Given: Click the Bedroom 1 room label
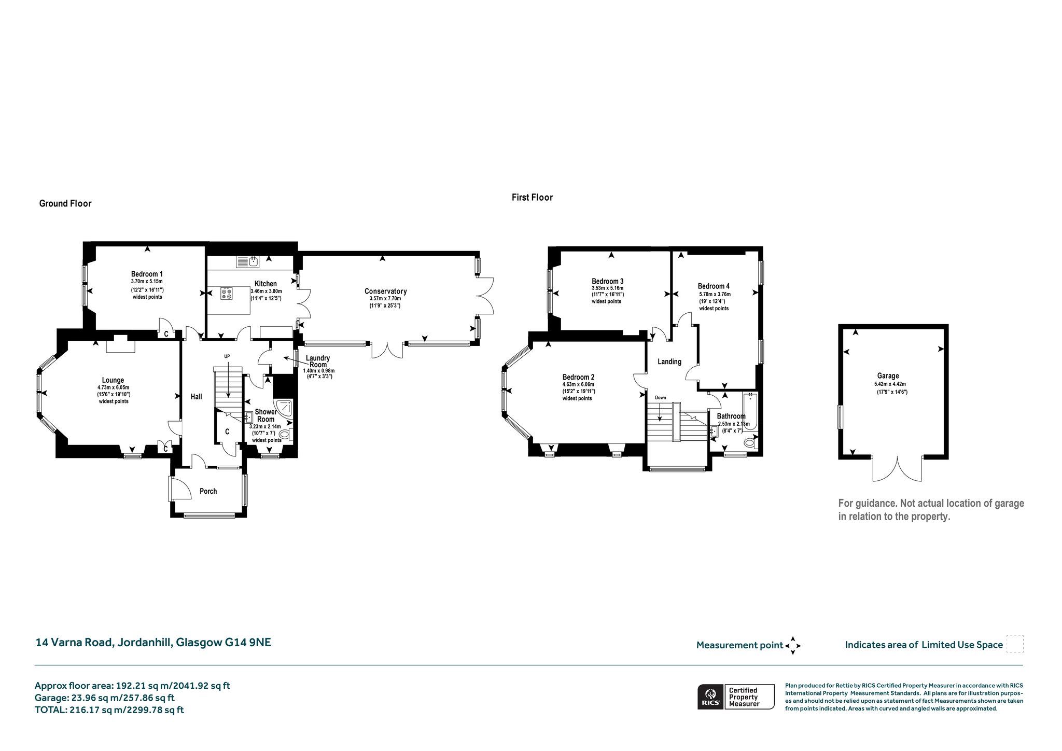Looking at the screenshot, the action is pos(147,274).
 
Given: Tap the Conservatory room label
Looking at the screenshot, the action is pos(385,291).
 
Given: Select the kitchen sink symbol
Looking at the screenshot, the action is pos(248,262).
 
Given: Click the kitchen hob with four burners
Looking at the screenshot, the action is pos(227,294).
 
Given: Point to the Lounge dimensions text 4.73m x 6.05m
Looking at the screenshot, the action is pos(113,387).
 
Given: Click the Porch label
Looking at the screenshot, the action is pos(208,491).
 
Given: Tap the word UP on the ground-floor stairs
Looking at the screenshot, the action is pos(227,356).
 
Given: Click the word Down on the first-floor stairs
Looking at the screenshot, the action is pos(660,398).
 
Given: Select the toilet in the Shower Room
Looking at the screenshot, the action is pos(286,435).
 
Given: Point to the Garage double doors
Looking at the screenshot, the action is pos(897,469).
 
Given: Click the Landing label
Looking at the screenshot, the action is pos(669,361).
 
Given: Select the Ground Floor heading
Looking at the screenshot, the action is pos(65,203).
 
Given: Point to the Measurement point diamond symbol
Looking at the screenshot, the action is pos(793,646).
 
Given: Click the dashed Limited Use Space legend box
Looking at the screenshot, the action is pos(1014,644).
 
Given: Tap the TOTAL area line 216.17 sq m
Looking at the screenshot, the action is pos(109,710).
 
